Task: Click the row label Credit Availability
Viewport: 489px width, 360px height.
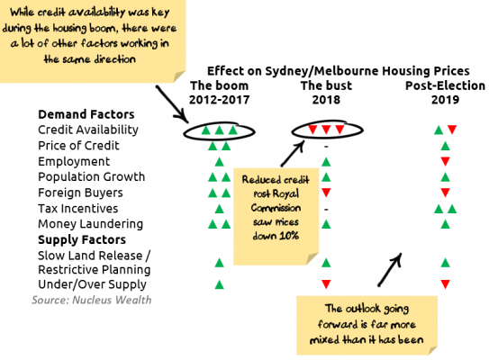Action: click(88, 130)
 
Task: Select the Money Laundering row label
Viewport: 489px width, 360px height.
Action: click(90, 224)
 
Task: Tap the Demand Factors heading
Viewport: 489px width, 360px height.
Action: click(86, 114)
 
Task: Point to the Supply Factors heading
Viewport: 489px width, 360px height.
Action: click(82, 239)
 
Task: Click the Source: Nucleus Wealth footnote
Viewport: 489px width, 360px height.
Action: click(91, 300)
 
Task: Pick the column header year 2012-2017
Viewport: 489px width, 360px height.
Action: click(219, 100)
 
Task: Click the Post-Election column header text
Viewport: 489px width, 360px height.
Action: click(445, 85)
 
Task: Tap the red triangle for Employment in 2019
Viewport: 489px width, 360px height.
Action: click(446, 161)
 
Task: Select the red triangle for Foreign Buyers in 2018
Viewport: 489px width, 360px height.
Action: click(326, 193)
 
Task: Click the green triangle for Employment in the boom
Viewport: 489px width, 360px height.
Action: click(219, 161)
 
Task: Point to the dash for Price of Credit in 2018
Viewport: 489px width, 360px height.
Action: click(326, 146)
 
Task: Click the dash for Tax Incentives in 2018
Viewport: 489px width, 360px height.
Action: click(326, 209)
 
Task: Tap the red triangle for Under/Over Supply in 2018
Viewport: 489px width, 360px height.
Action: click(326, 283)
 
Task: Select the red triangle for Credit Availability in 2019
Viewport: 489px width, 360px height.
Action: click(452, 130)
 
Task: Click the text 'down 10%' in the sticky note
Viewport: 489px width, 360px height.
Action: click(276, 236)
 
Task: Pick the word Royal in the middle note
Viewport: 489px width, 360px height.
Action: click(286, 193)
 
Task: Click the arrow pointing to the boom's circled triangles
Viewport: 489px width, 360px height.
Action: click(172, 104)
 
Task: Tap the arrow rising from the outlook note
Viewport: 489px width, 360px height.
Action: click(390, 269)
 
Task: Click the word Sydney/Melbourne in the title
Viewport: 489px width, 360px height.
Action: click(322, 71)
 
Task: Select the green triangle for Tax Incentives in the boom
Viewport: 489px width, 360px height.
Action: click(219, 209)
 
